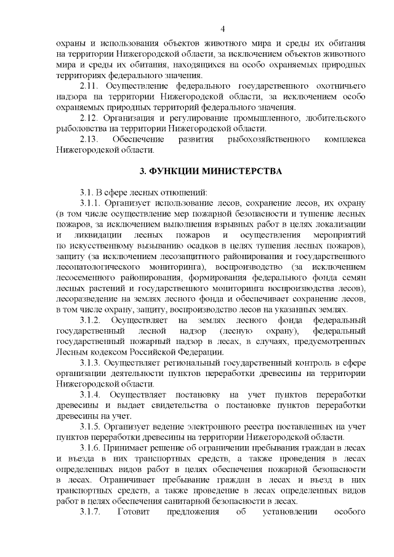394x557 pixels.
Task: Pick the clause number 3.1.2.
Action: (x=90, y=320)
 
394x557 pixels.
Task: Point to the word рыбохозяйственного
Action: (x=270, y=140)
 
